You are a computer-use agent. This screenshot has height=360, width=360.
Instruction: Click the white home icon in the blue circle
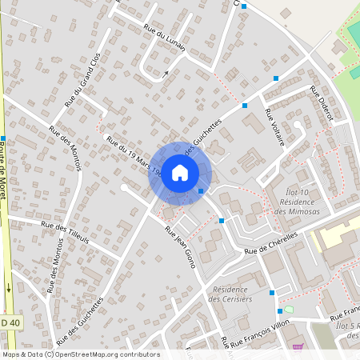click(x=180, y=172)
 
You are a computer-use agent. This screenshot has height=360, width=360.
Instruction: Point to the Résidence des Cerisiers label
click(x=230, y=294)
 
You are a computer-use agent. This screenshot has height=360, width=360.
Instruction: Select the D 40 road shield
click(x=8, y=322)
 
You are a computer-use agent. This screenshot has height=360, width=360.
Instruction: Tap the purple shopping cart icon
click(x=298, y=346)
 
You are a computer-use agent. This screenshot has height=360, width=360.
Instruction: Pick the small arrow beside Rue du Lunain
click(x=166, y=74)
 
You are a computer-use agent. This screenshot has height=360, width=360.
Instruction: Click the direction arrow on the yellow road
click(x=9, y=287)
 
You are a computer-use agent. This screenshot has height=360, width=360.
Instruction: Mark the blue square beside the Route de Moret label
click(x=3, y=138)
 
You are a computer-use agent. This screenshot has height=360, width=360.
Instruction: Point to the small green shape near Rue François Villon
click(x=289, y=310)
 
